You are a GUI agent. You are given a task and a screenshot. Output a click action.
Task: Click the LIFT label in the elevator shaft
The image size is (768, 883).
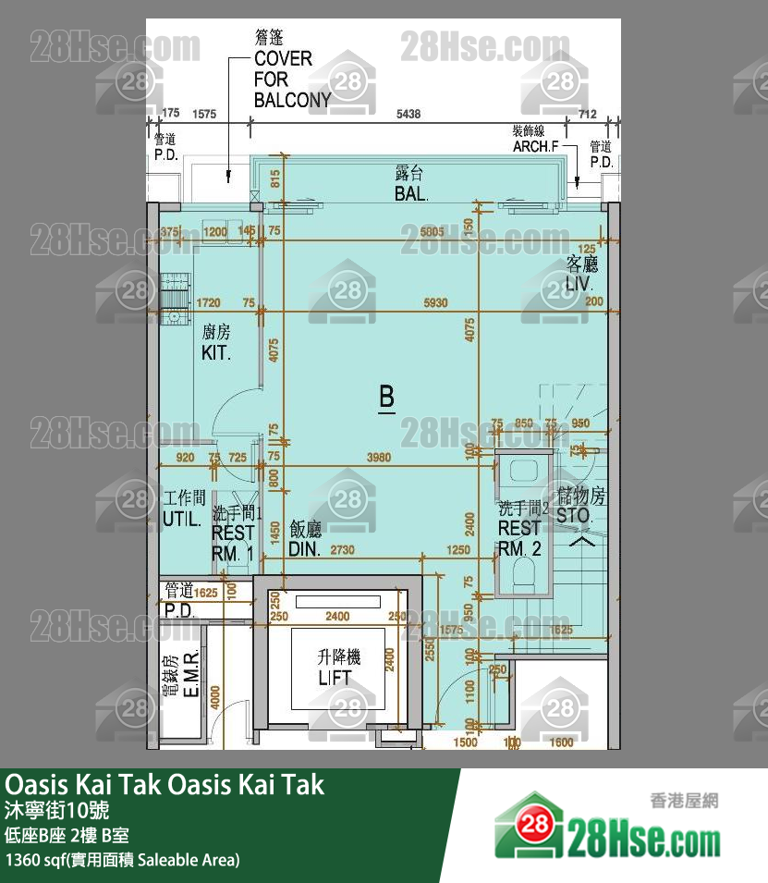335,678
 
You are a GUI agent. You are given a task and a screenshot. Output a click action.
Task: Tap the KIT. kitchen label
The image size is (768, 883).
216,353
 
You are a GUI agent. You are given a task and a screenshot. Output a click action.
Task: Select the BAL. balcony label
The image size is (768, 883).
411,194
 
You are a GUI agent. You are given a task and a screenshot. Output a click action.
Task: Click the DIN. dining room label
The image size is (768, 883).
304,548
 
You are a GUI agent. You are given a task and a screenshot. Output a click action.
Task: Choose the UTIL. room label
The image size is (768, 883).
182,519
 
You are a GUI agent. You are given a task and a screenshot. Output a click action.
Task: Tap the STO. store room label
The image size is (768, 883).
574,515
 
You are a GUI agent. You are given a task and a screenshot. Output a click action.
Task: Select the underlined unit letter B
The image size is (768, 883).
387,398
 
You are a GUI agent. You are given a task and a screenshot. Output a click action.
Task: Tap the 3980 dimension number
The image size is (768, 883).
379,457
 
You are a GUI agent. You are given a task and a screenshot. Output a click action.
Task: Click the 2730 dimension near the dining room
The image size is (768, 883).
343,550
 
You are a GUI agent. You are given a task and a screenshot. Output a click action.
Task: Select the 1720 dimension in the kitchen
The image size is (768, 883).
210,302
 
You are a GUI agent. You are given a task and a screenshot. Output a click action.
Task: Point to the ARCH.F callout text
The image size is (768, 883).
536,146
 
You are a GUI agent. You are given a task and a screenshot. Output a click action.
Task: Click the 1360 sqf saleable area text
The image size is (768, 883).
123,860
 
